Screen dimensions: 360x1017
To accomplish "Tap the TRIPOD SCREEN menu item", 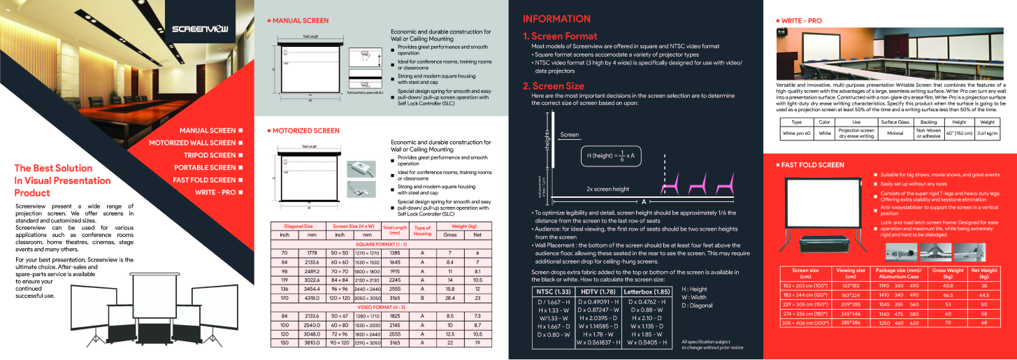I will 210,155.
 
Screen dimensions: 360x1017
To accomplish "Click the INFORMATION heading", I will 556,19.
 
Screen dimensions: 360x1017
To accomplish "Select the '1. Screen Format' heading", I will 560,36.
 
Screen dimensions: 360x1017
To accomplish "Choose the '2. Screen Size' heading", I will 554,87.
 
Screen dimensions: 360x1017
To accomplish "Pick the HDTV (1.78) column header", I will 598,291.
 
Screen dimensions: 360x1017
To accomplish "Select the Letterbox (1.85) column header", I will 646,291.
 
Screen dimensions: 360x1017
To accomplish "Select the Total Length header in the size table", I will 395,229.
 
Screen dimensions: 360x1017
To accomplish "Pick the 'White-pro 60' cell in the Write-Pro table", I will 796,132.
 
